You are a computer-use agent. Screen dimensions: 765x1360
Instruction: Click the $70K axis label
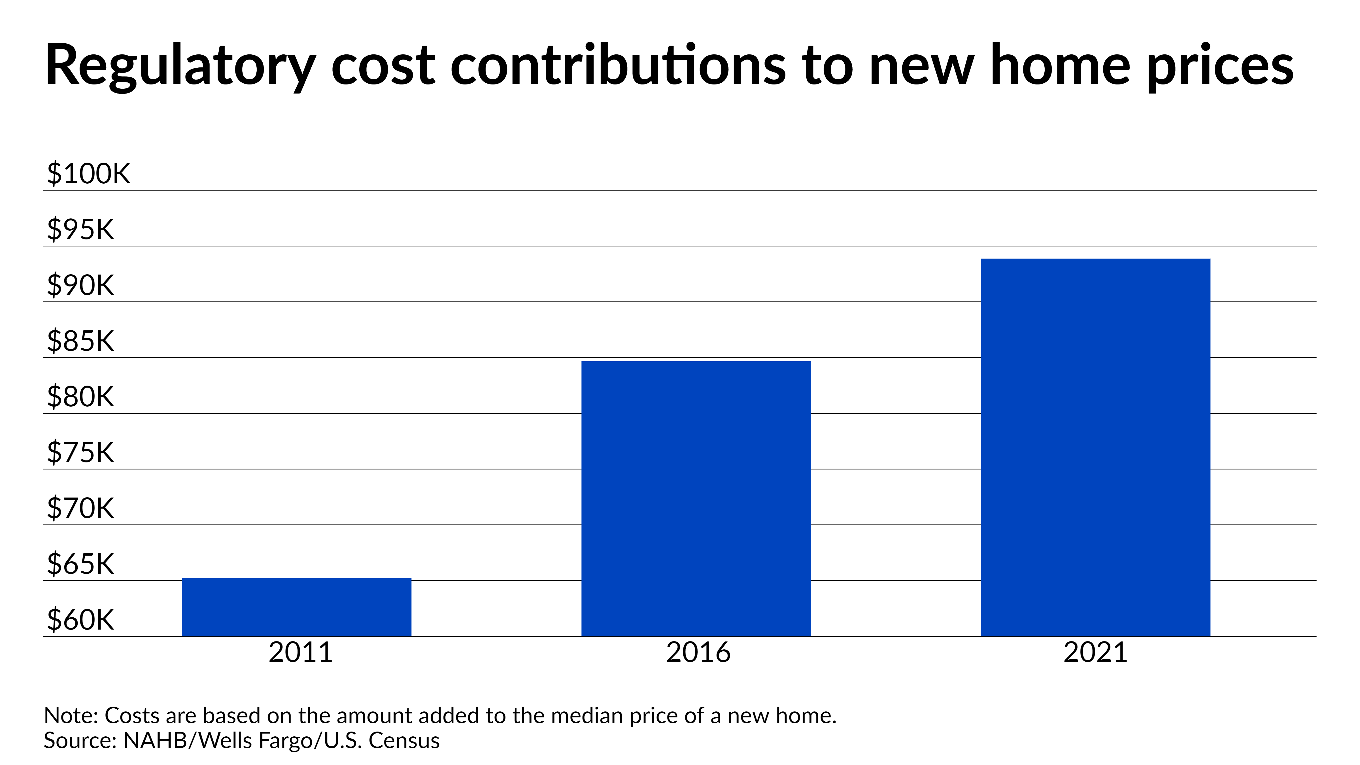click(80, 508)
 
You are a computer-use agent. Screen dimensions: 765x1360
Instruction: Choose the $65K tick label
click(80, 564)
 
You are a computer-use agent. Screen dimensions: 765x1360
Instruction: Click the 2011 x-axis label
click(300, 653)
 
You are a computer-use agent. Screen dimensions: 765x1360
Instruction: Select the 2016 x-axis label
click(698, 653)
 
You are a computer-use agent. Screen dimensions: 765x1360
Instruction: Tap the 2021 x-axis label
click(1095, 653)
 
